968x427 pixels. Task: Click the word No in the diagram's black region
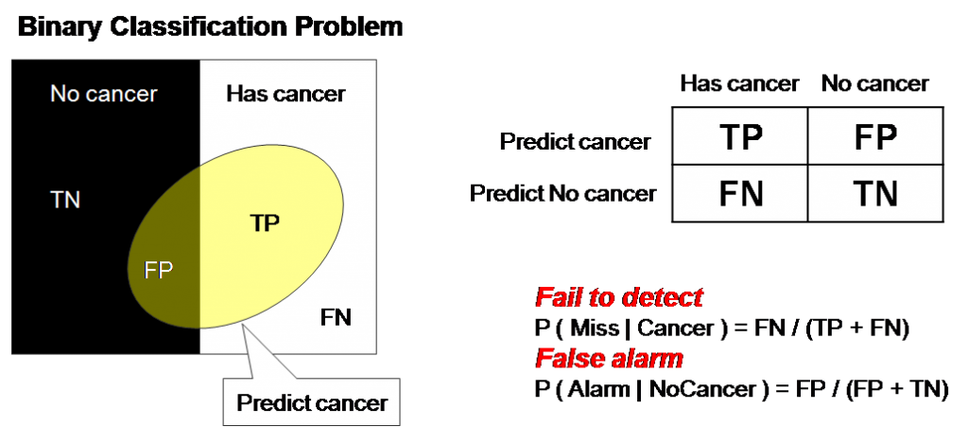point(64,94)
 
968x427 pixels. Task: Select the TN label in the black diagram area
point(65,200)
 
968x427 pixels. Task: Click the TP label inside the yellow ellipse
point(266,222)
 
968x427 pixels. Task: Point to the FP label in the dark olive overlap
point(159,270)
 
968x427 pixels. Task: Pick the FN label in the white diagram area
point(336,317)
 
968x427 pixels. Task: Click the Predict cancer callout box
point(311,402)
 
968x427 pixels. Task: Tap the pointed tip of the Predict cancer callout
point(244,326)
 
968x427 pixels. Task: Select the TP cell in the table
point(740,138)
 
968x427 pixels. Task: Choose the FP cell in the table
point(874,138)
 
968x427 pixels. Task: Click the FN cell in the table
point(740,194)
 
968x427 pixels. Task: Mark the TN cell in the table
point(874,194)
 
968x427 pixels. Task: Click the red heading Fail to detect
point(619,297)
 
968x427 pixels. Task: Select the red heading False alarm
point(609,359)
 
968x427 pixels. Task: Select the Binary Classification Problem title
point(208,26)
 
